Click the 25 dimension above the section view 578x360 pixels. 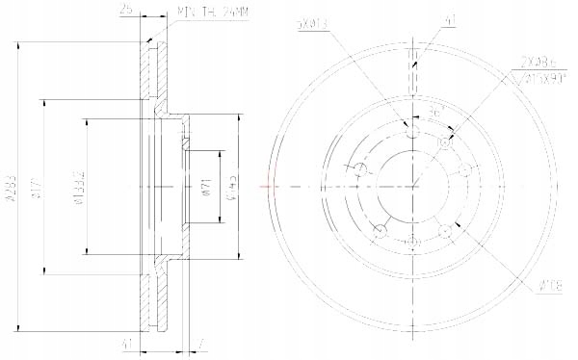126,11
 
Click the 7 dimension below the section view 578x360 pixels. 196,344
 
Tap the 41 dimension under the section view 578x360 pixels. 126,344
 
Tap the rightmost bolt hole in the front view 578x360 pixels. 466,169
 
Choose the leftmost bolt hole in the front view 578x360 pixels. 360,170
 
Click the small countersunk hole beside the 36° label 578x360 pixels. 445,141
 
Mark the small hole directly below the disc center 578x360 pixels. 413,238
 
